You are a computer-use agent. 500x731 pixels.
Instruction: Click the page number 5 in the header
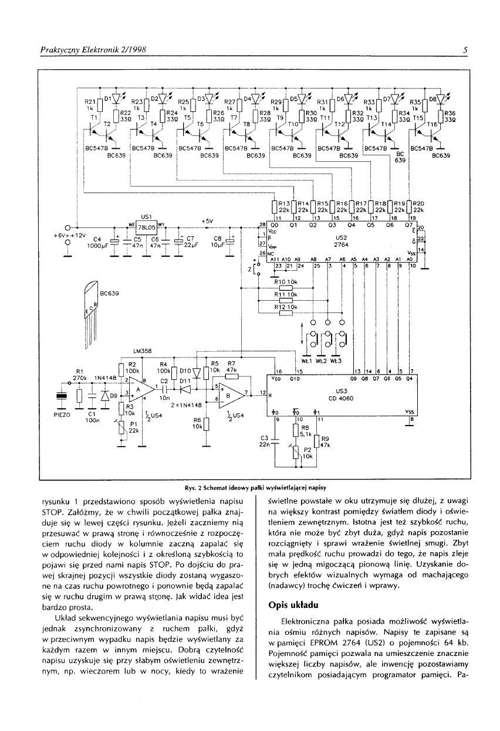(x=464, y=50)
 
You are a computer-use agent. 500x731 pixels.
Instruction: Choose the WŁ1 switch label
(x=306, y=361)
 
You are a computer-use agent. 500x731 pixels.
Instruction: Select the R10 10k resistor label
(x=285, y=283)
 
